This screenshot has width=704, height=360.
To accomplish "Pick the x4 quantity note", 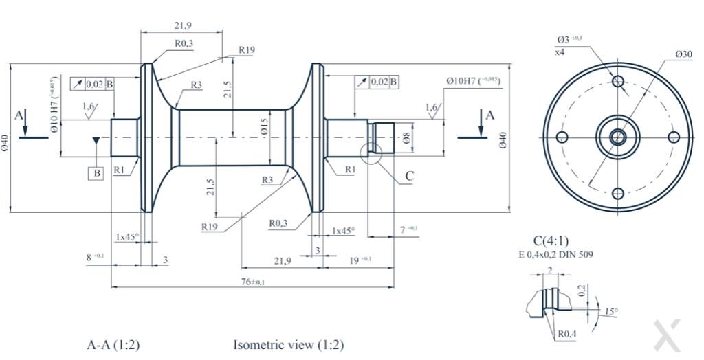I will [x=560, y=52].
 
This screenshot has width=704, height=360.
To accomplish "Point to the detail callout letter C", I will [x=410, y=176].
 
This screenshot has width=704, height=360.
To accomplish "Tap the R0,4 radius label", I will [x=567, y=334].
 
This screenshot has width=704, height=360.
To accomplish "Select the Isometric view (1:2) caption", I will [x=289, y=345].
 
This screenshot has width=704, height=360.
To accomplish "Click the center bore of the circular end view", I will [x=617, y=137].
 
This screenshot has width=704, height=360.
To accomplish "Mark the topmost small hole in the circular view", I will [x=617, y=81].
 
